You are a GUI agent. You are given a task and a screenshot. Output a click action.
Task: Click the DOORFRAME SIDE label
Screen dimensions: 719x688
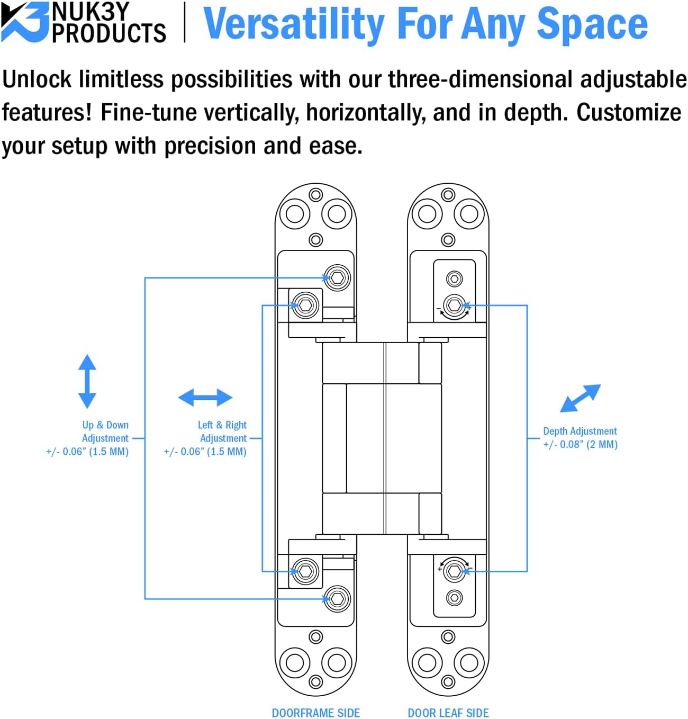click(x=315, y=713)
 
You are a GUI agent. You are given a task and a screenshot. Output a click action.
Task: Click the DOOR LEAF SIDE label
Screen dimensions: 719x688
click(x=448, y=713)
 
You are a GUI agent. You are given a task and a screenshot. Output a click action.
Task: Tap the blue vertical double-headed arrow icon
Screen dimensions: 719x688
click(x=87, y=381)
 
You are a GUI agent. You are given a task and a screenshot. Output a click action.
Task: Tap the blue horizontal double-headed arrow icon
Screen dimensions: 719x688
click(x=205, y=397)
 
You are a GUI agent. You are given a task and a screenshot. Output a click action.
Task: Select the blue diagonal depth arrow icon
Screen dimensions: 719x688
click(x=580, y=398)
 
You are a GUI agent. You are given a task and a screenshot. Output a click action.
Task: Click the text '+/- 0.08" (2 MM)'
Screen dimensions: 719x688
click(x=580, y=444)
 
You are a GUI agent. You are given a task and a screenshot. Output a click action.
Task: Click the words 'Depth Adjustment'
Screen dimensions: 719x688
click(x=580, y=431)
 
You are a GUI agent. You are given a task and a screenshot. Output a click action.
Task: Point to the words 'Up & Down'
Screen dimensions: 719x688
click(x=105, y=425)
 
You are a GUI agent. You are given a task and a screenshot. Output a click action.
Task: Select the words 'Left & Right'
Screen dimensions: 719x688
click(x=222, y=425)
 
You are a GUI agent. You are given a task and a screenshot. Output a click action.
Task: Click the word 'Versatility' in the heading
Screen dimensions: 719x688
click(x=294, y=24)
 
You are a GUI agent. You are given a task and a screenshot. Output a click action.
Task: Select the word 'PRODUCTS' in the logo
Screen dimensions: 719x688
click(x=108, y=33)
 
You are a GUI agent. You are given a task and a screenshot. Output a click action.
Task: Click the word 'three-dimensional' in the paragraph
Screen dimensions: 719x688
click(x=480, y=79)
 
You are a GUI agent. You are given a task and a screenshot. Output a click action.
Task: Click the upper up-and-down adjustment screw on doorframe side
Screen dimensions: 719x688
click(x=337, y=277)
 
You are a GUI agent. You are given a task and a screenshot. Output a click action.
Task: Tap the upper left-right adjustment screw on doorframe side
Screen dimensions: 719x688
click(x=306, y=305)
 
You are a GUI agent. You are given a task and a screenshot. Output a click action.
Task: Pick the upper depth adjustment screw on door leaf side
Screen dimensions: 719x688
click(x=454, y=305)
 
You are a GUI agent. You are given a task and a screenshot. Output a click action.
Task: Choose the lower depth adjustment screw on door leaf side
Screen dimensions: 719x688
click(x=454, y=571)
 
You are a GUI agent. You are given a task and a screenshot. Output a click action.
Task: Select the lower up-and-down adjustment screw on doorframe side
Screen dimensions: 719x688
click(x=337, y=599)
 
